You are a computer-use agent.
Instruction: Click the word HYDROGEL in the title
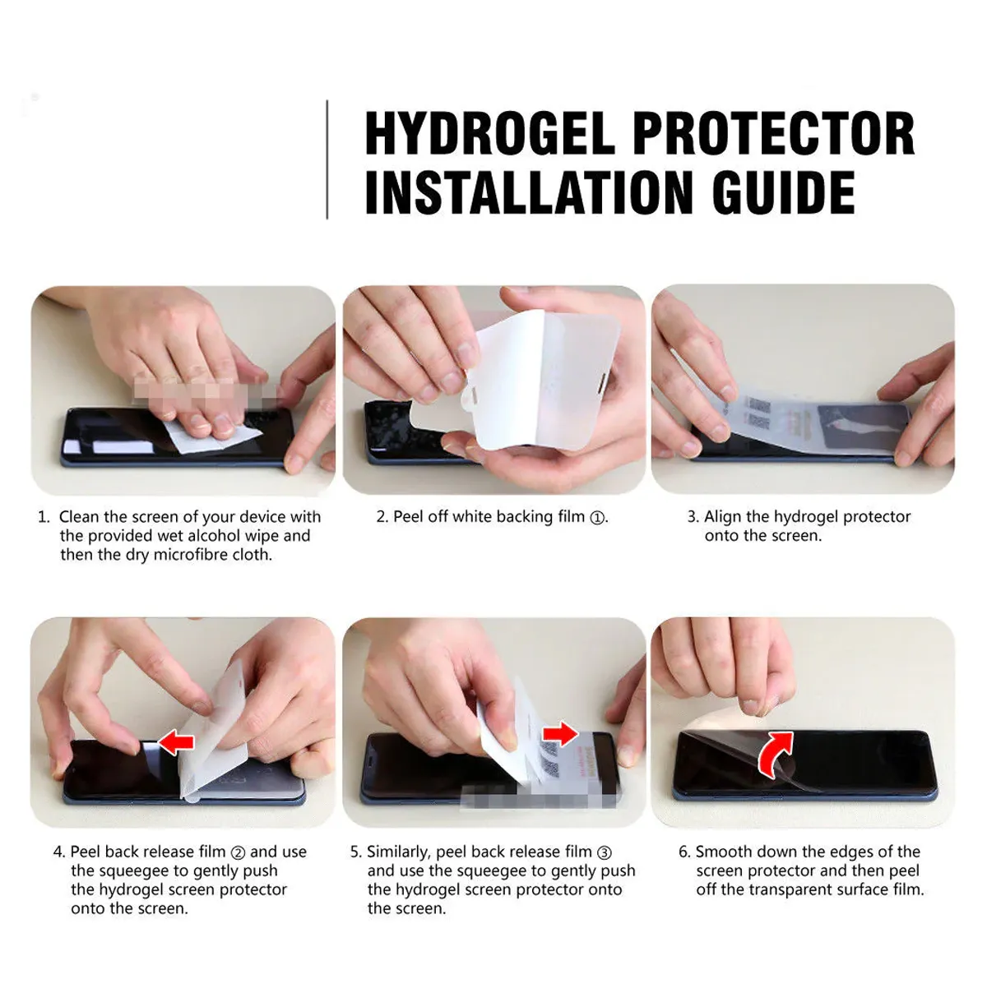pyautogui.click(x=489, y=134)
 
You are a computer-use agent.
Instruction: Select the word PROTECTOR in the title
pyautogui.click(x=774, y=134)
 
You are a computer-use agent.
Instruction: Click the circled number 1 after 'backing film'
pyautogui.click(x=597, y=518)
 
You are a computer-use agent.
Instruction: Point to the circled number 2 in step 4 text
pyautogui.click(x=237, y=853)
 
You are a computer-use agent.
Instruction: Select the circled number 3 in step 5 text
pyautogui.click(x=604, y=853)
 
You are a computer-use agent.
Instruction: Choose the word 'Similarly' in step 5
pyautogui.click(x=399, y=853)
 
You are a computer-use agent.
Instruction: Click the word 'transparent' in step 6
pyautogui.click(x=791, y=890)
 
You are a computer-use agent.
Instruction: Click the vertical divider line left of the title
pyautogui.click(x=327, y=159)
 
